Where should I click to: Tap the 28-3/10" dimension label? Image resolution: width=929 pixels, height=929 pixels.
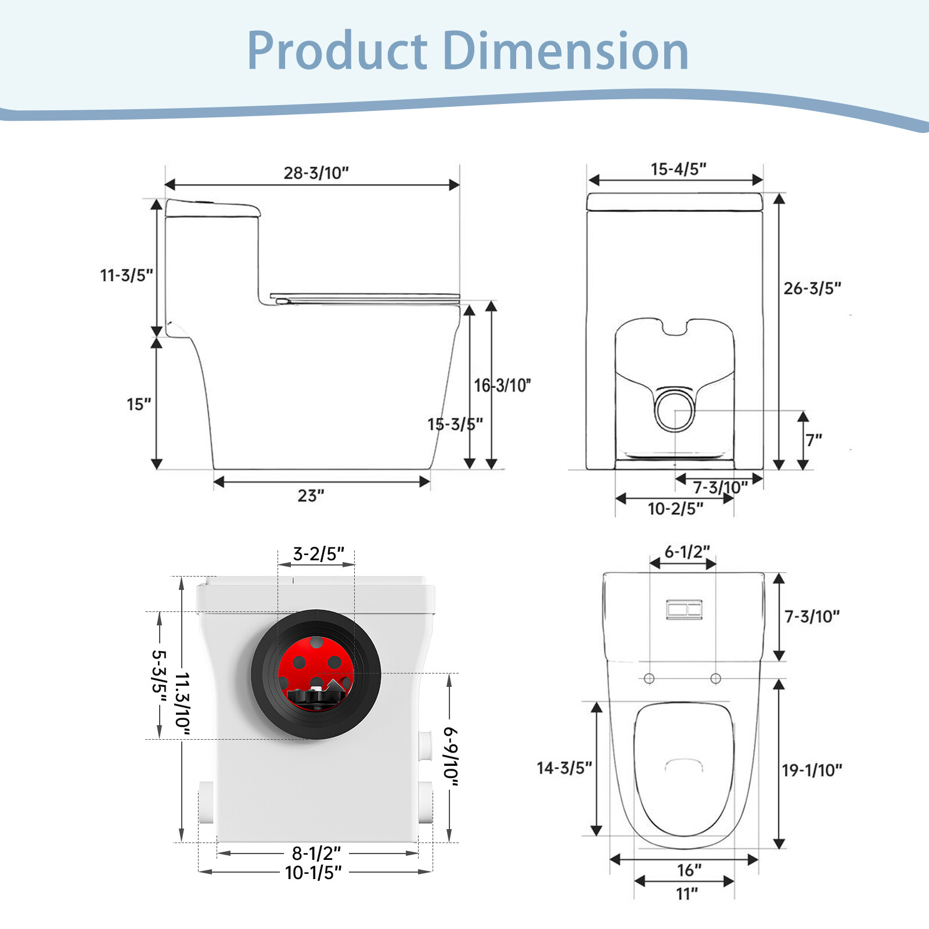click(x=316, y=172)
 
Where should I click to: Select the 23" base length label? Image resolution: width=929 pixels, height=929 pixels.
click(x=311, y=495)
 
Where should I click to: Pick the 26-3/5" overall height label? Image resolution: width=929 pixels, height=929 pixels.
click(x=812, y=288)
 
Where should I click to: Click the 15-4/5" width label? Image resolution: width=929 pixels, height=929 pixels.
click(x=678, y=169)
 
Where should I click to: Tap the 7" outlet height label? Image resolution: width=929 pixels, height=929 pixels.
click(x=813, y=440)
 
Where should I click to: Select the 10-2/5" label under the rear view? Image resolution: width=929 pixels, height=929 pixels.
click(x=675, y=509)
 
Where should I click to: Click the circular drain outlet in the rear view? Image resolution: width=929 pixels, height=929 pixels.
click(x=675, y=410)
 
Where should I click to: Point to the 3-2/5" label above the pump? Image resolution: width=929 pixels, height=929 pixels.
click(x=318, y=554)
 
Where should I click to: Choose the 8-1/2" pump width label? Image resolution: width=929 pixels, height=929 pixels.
click(x=316, y=853)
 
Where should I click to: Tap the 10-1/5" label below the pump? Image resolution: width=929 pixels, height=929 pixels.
click(x=314, y=872)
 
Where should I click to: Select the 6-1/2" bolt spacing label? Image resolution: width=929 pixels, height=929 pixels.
click(x=687, y=552)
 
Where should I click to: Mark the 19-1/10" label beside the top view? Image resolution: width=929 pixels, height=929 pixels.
click(x=812, y=770)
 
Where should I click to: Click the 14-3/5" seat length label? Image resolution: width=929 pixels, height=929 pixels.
click(x=564, y=768)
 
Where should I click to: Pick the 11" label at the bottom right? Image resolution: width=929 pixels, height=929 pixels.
click(x=687, y=894)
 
